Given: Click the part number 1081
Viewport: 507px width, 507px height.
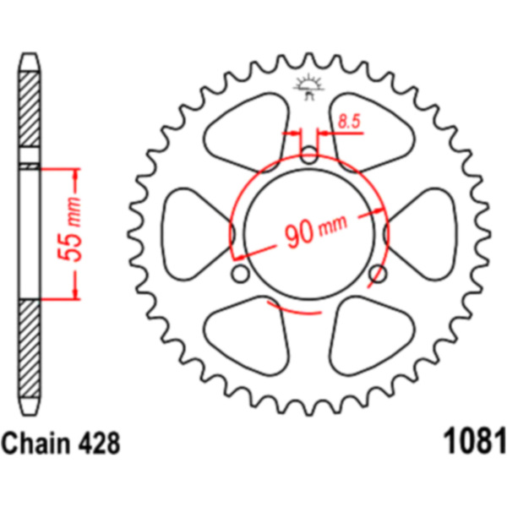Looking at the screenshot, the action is [474, 442].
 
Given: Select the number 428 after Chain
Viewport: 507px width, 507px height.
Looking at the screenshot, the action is [100, 444].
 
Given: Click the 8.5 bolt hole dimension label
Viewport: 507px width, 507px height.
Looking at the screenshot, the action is [349, 122].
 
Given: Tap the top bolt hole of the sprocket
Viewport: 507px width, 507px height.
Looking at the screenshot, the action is [309, 155].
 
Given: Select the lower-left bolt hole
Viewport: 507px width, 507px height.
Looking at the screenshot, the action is [241, 274].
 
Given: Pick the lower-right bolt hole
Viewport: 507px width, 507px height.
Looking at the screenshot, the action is [378, 274].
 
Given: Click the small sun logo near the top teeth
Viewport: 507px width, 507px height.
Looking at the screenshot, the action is [308, 86].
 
